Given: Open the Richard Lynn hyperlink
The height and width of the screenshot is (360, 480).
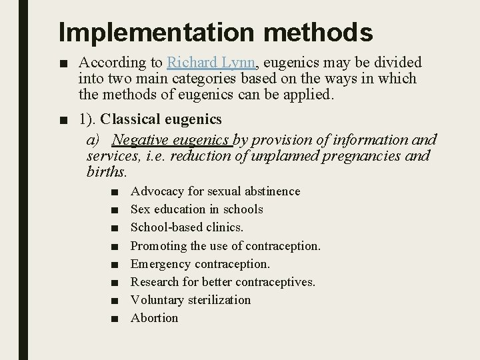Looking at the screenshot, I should [211, 63].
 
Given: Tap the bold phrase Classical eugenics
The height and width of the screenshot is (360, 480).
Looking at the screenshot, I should [161, 119].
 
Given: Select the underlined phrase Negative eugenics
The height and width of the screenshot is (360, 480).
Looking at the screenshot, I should [171, 139].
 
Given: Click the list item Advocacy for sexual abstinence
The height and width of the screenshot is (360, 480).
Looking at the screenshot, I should [215, 191].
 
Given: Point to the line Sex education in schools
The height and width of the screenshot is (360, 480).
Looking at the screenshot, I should [197, 209].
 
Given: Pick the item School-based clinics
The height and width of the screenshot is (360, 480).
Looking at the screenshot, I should [187, 227].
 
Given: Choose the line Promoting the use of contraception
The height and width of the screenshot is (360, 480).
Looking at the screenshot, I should [225, 245].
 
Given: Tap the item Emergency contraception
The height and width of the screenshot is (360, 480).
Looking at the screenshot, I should [200, 264].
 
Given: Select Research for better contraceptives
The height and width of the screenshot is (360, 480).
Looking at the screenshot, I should [223, 282].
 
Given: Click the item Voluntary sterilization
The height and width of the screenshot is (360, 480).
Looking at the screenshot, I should [191, 300].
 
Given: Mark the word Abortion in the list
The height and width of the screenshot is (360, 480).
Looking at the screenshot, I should [155, 318].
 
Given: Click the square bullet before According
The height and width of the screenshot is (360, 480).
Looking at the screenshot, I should [63, 63].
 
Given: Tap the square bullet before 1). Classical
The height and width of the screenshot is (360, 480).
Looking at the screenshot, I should [63, 120].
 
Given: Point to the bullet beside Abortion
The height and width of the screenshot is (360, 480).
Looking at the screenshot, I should [116, 319].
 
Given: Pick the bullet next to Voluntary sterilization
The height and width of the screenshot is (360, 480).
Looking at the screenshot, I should [116, 301].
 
